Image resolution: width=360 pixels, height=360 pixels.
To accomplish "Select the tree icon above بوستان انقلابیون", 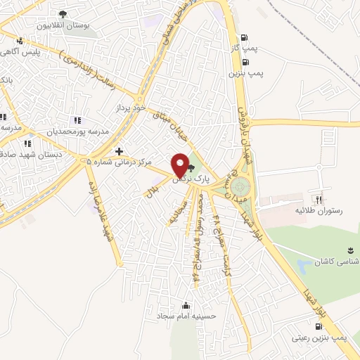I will click(63, 14).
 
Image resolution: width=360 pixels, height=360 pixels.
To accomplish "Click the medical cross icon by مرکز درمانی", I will click(120, 151).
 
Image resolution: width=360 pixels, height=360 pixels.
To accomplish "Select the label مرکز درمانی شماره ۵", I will click(120, 162).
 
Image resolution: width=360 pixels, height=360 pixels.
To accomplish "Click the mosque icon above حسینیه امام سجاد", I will click(186, 305).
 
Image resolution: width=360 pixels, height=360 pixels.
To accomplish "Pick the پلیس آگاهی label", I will click(39, 52).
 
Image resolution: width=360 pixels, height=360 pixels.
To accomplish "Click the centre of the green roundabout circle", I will click(240, 186).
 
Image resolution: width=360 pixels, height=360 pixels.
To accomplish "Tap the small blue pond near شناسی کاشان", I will click(304, 266).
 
